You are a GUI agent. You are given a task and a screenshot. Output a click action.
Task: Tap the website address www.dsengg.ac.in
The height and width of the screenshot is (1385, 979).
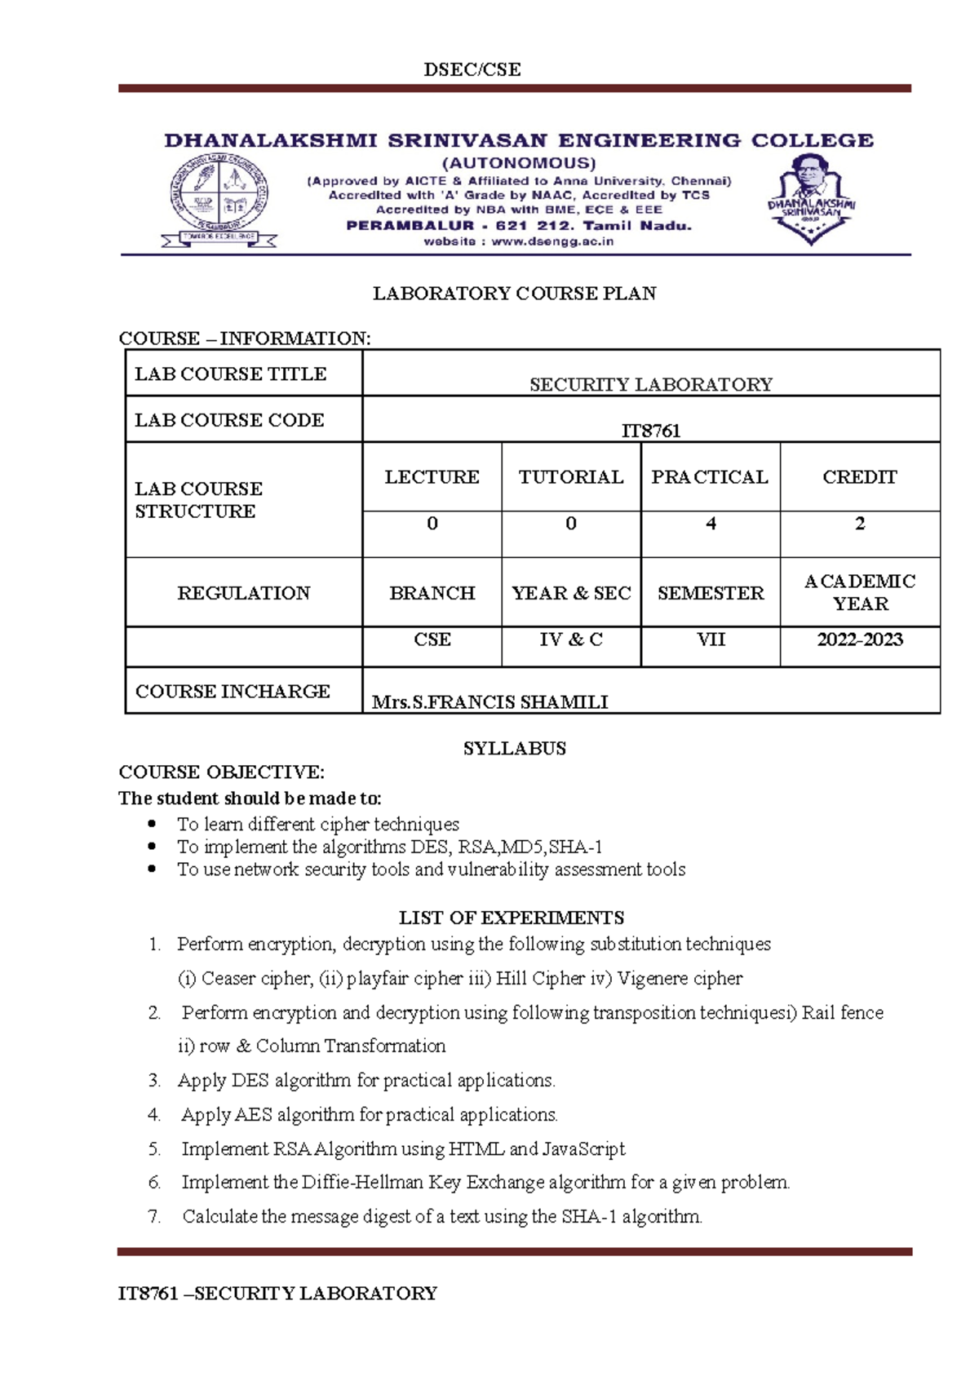pos(552,241)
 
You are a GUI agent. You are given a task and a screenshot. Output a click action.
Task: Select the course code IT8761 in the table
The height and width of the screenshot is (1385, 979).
pos(650,431)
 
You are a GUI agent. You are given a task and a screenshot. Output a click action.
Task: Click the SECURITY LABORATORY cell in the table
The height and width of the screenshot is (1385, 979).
pos(650,384)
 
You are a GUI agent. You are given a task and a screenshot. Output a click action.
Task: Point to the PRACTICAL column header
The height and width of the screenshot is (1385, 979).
pos(709,477)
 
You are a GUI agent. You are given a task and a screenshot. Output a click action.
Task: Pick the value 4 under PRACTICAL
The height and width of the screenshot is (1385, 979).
pos(711,524)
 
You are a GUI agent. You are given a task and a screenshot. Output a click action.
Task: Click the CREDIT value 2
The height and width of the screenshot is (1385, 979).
pos(859,524)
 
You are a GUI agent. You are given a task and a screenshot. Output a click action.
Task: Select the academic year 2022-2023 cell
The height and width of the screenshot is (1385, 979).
pos(859,639)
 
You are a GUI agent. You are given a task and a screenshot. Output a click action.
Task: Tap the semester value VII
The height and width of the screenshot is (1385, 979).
pos(710,639)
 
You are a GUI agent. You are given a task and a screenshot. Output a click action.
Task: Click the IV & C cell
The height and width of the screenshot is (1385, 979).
pos(570,639)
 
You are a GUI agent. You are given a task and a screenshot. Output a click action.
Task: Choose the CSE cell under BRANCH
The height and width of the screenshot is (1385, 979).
pos(432,639)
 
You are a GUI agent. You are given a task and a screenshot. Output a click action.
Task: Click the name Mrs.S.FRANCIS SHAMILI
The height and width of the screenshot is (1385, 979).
pos(489,701)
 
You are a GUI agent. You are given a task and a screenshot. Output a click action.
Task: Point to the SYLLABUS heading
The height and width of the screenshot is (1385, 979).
pos(514,748)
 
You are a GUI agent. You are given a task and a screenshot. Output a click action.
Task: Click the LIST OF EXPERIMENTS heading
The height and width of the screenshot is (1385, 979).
pos(511,918)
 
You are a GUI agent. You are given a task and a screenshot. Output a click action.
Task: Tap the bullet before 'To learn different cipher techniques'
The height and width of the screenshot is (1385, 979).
pos(152,824)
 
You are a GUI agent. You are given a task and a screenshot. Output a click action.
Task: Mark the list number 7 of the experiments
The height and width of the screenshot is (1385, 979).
pos(153,1216)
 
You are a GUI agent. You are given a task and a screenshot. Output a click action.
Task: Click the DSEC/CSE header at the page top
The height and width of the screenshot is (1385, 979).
pos(472,70)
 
